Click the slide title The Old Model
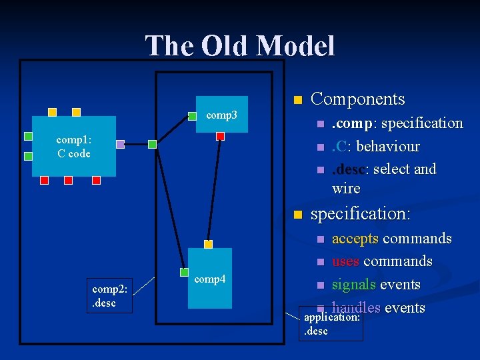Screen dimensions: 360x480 click(x=240, y=46)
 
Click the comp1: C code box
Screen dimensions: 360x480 click(x=74, y=146)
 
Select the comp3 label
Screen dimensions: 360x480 click(x=221, y=115)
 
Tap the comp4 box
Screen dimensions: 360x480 click(x=209, y=279)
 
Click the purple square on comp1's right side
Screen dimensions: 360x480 click(x=120, y=144)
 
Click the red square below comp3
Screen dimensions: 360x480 click(x=221, y=136)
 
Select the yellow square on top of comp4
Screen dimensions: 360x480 click(x=208, y=245)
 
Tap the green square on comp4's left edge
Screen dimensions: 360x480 click(x=185, y=272)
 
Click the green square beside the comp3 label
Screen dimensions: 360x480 click(x=192, y=116)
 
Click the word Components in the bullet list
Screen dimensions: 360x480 click(x=358, y=99)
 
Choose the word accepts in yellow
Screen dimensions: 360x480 click(x=355, y=239)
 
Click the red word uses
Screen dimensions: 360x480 click(x=346, y=261)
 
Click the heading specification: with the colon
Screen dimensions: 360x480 click(x=361, y=214)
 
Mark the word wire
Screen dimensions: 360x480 click(x=346, y=189)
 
